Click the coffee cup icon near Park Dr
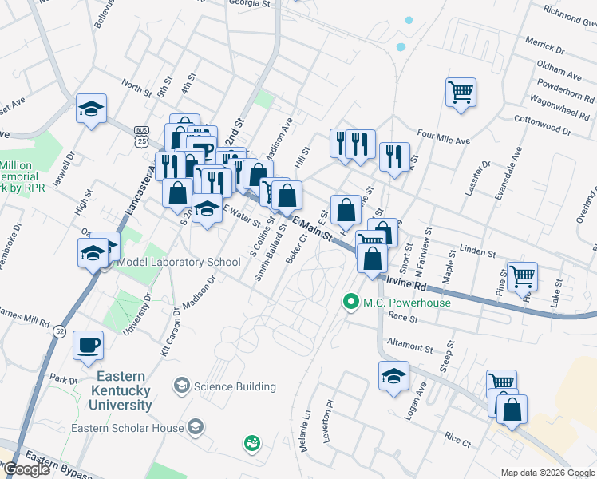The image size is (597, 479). pyautogui.click(x=88, y=346)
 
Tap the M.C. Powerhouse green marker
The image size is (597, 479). pyautogui.click(x=350, y=303)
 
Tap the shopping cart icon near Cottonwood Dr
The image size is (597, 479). pyautogui.click(x=461, y=93)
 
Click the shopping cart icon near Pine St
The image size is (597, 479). pyautogui.click(x=523, y=276)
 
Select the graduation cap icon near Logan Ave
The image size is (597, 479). pyautogui.click(x=393, y=376)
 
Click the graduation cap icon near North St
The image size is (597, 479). pyautogui.click(x=92, y=109)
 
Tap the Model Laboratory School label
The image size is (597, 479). pyautogui.click(x=179, y=263)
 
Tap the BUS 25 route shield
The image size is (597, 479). pyautogui.click(x=142, y=136)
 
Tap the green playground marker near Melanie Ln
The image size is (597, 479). pyautogui.click(x=252, y=442)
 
